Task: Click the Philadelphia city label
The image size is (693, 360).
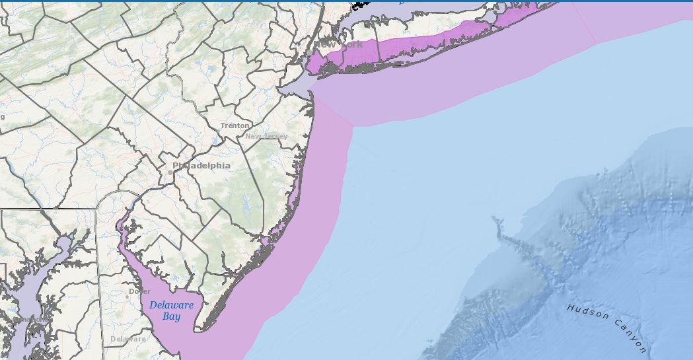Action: point(201,165)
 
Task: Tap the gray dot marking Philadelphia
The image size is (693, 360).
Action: point(170,172)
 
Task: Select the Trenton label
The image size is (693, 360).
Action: point(235,126)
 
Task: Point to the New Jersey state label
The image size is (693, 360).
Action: point(267,136)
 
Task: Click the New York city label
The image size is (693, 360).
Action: point(340,45)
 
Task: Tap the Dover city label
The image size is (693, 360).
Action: point(139,291)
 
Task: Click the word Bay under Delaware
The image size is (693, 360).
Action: point(171,316)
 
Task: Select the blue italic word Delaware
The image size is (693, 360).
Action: point(171,305)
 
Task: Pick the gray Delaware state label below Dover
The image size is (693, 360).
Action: point(128,339)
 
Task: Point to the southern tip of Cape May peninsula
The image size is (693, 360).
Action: point(203,329)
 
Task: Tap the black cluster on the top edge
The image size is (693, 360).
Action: point(360,4)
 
